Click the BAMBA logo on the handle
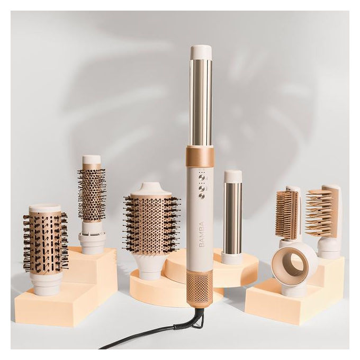click(202, 233)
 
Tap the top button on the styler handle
click(202, 177)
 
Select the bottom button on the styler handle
click(202, 196)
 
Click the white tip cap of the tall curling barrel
click(201, 52)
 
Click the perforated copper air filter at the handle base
click(199, 287)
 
